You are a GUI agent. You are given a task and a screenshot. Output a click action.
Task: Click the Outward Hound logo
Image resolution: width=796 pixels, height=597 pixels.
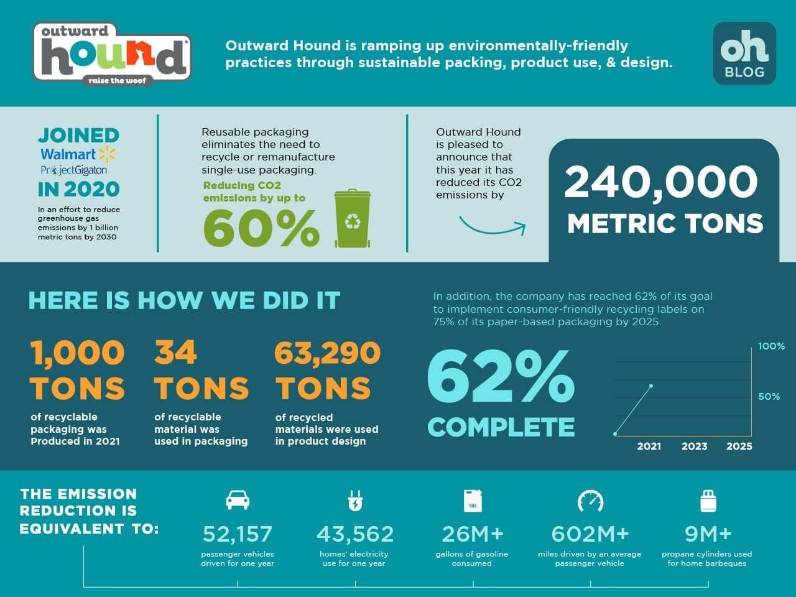pyautogui.click(x=112, y=55)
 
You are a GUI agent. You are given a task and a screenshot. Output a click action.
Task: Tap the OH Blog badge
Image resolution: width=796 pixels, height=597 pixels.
pyautogui.click(x=744, y=53)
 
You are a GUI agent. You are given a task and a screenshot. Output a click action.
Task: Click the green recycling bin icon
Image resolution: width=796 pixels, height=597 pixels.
pyautogui.click(x=353, y=218)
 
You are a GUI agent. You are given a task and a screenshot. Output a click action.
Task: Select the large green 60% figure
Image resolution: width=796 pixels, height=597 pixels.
pyautogui.click(x=261, y=228)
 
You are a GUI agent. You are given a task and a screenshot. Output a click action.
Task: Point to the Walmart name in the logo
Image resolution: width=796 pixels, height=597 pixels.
pyautogui.click(x=68, y=154)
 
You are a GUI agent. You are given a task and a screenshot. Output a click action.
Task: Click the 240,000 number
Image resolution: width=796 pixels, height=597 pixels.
pyautogui.click(x=660, y=182)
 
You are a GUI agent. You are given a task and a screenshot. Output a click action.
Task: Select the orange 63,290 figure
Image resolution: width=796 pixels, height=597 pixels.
pyautogui.click(x=327, y=353)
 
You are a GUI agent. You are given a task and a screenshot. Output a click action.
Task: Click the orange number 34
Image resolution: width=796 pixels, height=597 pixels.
pyautogui.click(x=175, y=353)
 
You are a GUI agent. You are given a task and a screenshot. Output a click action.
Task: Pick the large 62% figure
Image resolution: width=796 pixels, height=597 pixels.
pyautogui.click(x=500, y=376)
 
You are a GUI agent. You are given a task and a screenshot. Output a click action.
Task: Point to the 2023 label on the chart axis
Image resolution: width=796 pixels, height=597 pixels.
pyautogui.click(x=694, y=446)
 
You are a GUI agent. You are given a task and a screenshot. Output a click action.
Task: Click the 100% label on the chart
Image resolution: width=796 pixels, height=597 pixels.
pyautogui.click(x=771, y=346)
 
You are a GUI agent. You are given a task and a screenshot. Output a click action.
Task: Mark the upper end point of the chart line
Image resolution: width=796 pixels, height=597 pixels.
pyautogui.click(x=651, y=386)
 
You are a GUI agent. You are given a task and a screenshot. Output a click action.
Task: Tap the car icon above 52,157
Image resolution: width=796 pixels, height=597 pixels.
pyautogui.click(x=238, y=499)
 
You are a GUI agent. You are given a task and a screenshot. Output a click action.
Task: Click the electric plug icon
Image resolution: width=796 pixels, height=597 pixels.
pyautogui.click(x=354, y=501)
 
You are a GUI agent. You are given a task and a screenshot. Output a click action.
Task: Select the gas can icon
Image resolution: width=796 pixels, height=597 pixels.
pyautogui.click(x=473, y=501)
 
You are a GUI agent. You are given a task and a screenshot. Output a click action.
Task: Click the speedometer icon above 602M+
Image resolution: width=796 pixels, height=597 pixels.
pyautogui.click(x=590, y=501)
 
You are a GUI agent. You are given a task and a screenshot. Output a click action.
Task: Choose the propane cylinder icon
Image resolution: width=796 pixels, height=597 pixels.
pyautogui.click(x=708, y=501)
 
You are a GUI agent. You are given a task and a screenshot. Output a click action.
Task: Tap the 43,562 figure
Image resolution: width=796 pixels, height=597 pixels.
pyautogui.click(x=355, y=534)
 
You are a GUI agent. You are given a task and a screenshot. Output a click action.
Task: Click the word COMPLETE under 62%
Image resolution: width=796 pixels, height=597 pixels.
pyautogui.click(x=501, y=427)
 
